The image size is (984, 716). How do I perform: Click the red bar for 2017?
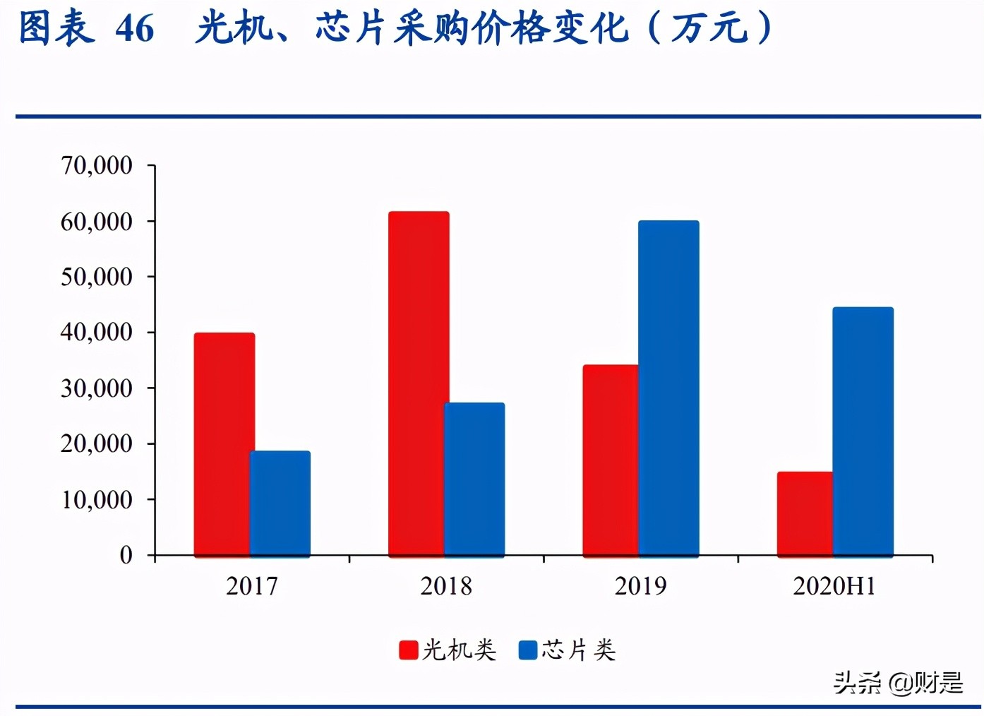click(224, 444)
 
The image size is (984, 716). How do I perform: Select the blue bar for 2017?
click(280, 503)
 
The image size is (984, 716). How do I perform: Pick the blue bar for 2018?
click(474, 479)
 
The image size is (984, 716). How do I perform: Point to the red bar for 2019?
click(611, 460)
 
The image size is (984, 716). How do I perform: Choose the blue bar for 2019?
click(668, 388)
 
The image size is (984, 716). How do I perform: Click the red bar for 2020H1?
click(805, 513)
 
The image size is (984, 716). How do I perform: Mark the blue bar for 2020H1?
click(863, 431)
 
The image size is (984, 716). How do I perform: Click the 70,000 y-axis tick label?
click(97, 165)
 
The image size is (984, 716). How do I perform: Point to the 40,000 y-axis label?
click(97, 332)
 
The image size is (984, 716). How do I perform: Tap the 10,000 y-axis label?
click(97, 499)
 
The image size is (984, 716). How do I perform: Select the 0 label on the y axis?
click(126, 555)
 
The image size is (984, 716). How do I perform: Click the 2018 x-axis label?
click(446, 586)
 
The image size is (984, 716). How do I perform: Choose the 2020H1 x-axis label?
click(834, 586)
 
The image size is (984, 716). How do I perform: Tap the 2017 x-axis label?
click(252, 586)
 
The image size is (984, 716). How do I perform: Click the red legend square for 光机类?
click(409, 650)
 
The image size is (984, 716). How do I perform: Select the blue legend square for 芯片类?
click(528, 650)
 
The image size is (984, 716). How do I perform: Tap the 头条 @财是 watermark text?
click(898, 682)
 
